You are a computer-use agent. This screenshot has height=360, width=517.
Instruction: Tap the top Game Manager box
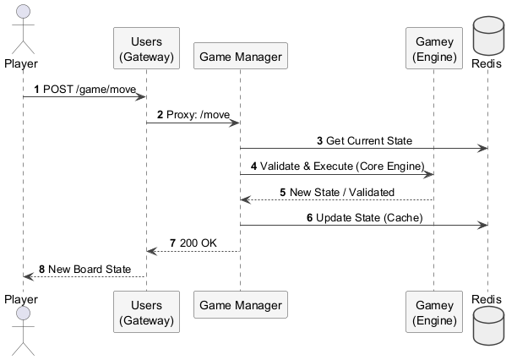(241, 57)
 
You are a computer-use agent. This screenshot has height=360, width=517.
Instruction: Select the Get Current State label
(370, 140)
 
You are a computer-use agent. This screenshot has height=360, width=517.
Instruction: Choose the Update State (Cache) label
(370, 217)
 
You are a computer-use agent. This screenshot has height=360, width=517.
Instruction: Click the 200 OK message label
(198, 243)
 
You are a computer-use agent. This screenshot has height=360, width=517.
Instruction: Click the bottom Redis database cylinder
(487, 325)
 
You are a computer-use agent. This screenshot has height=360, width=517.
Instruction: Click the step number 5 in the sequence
(283, 192)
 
